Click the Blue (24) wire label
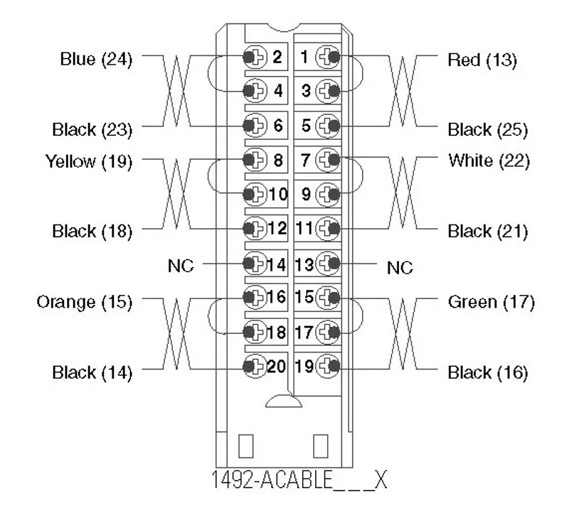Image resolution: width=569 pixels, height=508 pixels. (x=96, y=59)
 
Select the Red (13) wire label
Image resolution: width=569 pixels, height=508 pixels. (x=482, y=60)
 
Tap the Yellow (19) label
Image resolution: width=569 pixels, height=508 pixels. (x=88, y=161)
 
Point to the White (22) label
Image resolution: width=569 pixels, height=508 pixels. (x=489, y=161)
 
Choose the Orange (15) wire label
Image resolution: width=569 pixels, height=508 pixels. (x=85, y=302)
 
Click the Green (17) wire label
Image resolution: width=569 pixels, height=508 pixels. (x=491, y=302)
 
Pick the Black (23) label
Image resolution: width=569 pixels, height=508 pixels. (x=92, y=129)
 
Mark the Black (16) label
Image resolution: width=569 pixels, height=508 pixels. (x=488, y=372)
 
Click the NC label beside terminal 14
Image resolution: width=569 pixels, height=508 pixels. (x=181, y=266)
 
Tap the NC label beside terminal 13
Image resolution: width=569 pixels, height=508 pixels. (x=400, y=268)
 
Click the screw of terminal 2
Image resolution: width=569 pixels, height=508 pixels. (x=255, y=57)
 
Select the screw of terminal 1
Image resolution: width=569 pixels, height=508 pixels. (x=328, y=57)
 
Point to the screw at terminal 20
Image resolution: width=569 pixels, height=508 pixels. (x=255, y=366)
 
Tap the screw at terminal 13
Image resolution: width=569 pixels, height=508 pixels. (x=328, y=264)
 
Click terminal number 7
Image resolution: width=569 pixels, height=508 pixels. (x=306, y=160)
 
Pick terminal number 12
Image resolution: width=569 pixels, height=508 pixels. (x=277, y=229)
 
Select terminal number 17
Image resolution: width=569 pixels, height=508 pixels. (x=304, y=332)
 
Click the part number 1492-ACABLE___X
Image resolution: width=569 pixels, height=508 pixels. (x=299, y=480)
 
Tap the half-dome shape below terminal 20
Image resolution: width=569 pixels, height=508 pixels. (x=284, y=401)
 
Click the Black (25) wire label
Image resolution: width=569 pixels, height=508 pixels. (x=488, y=129)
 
